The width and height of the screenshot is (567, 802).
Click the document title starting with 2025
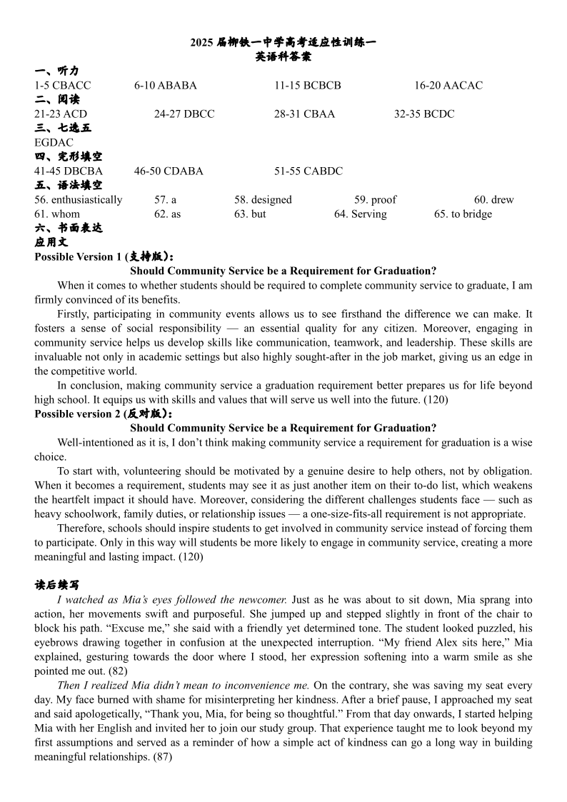(283, 43)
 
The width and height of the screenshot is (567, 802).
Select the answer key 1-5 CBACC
(63, 86)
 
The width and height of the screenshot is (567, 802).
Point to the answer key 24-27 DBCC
(184, 114)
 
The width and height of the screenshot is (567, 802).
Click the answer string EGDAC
(54, 143)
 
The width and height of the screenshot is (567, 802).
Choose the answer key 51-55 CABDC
(308, 171)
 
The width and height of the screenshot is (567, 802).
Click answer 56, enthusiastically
(79, 200)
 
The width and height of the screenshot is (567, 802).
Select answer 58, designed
(263, 200)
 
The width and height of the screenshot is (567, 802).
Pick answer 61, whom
(57, 214)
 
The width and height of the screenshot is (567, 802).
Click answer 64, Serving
(361, 214)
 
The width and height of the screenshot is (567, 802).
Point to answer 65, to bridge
(463, 214)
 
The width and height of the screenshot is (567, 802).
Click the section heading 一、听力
(56, 71)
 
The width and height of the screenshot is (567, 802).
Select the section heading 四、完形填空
(68, 157)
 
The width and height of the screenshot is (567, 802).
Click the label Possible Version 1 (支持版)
(104, 257)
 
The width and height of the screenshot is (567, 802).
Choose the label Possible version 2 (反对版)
(104, 414)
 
